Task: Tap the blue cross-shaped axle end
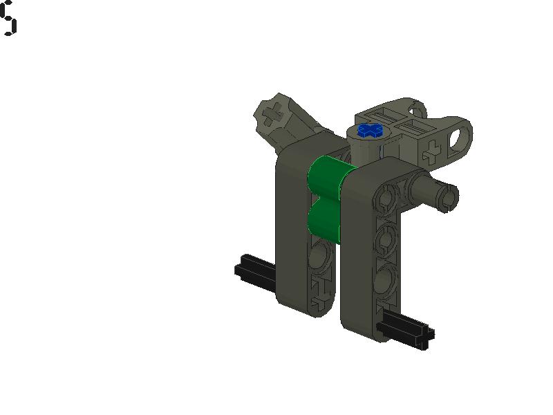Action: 371,129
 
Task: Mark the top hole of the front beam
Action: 386,201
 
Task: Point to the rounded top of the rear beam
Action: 297,156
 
